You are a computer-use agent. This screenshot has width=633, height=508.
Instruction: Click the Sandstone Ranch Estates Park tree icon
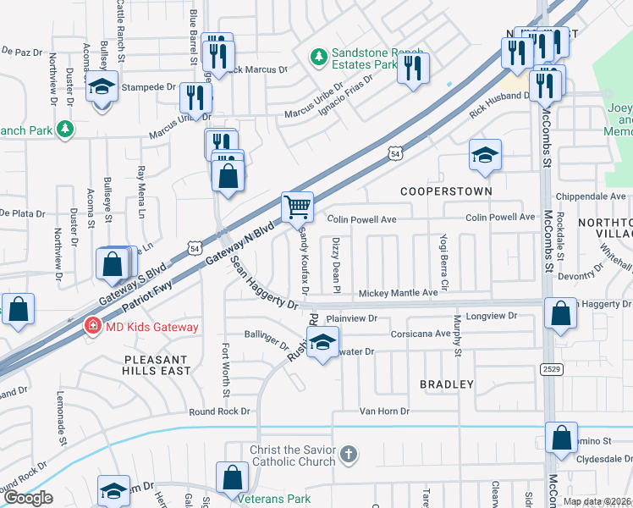click(318, 57)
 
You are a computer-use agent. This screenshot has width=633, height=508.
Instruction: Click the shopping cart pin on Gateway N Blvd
click(297, 206)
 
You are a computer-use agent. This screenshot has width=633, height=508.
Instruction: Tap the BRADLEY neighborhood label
click(447, 384)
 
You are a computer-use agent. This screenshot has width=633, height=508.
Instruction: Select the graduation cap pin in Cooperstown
click(485, 155)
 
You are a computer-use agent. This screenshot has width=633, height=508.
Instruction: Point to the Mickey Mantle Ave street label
click(398, 293)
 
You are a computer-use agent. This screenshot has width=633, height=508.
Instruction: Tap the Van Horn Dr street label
click(384, 411)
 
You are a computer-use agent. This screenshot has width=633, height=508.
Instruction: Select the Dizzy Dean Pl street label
click(336, 265)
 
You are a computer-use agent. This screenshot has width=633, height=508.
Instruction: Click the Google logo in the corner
click(28, 498)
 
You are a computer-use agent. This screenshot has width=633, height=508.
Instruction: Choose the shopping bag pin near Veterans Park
click(232, 478)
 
